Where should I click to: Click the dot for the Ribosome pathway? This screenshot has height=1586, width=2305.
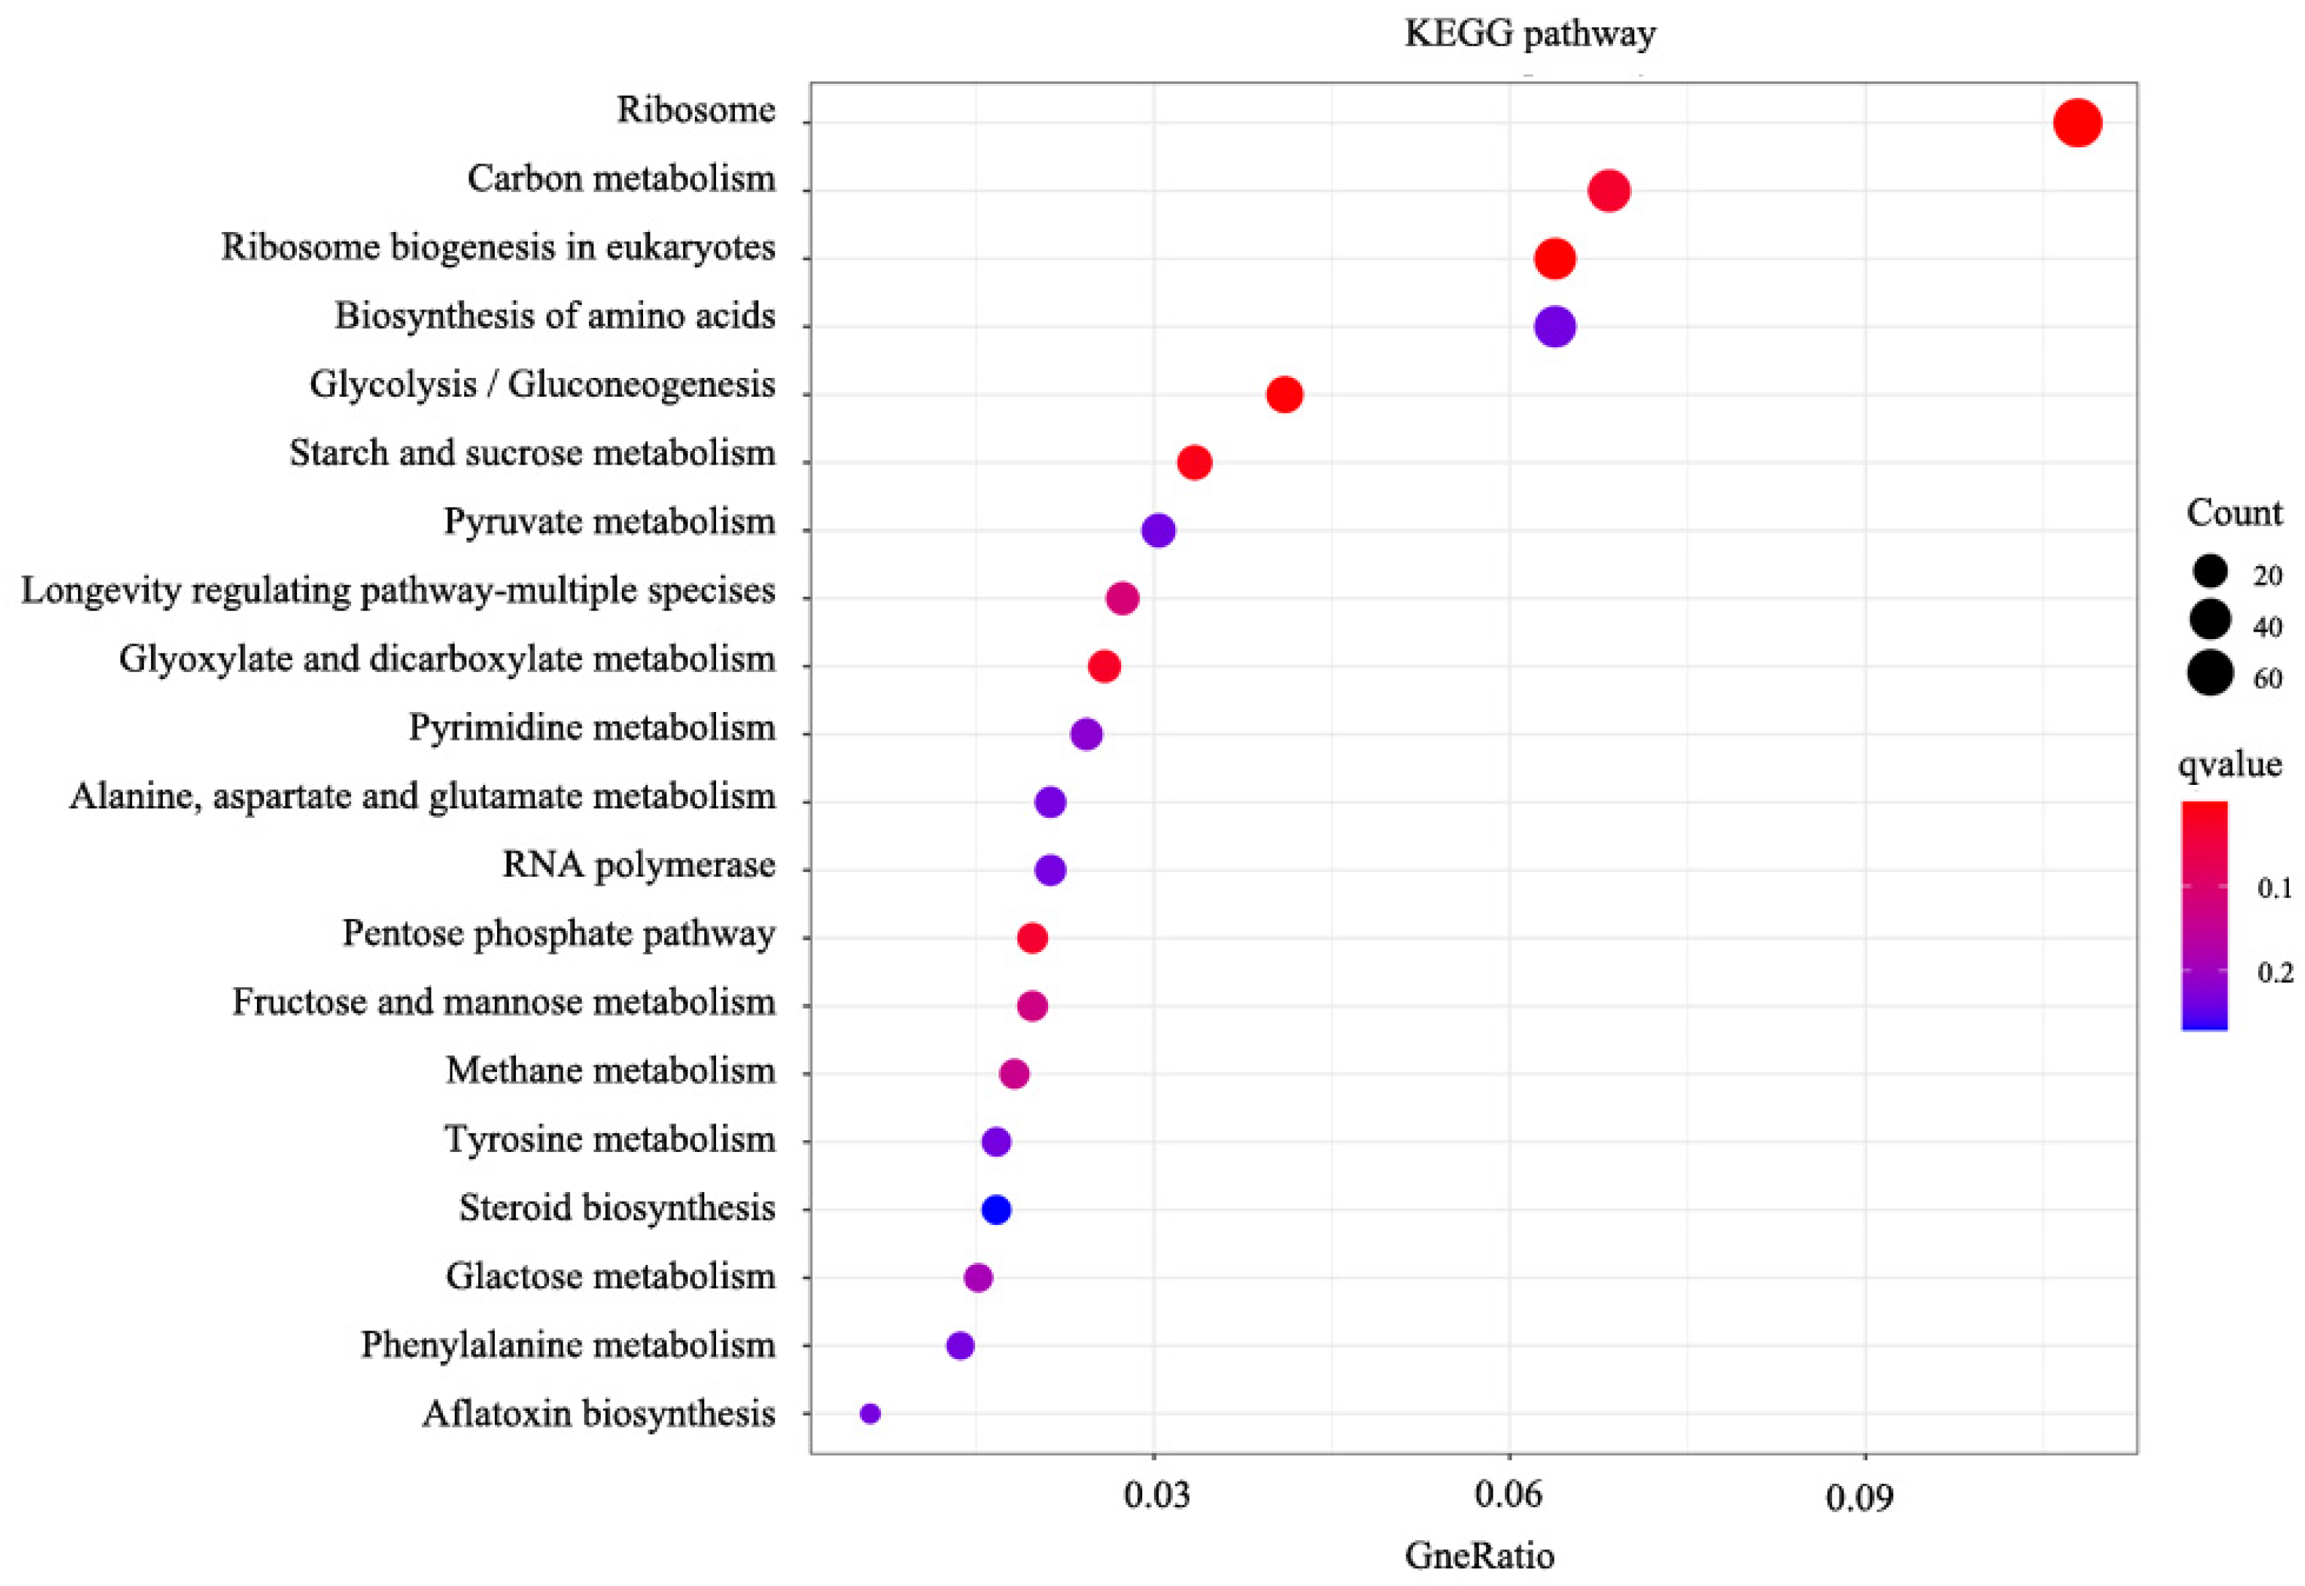[x=2077, y=123]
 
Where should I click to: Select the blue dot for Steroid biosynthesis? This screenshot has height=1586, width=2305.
[x=996, y=1210]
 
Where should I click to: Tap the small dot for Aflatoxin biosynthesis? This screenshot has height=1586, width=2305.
[x=870, y=1413]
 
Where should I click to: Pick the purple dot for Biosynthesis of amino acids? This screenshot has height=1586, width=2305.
[x=1555, y=326]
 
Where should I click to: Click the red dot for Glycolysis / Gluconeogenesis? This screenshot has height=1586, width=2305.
[x=1284, y=395]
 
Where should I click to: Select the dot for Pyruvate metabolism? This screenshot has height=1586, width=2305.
[x=1158, y=530]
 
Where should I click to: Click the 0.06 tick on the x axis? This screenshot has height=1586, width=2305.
[x=1509, y=1495]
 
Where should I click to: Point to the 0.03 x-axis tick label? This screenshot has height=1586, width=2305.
[x=1156, y=1495]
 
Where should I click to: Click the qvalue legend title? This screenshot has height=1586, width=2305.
[x=2230, y=764]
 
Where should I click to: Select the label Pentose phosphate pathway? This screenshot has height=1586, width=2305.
[x=558, y=933]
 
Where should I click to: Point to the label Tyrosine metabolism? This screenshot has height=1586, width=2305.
[x=609, y=1139]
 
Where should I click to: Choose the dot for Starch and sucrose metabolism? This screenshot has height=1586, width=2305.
[x=1194, y=462]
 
